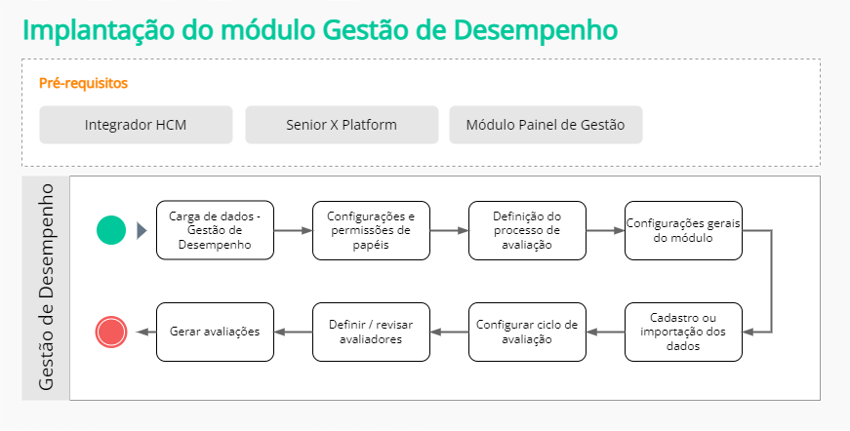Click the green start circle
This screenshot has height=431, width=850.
pyautogui.click(x=111, y=230)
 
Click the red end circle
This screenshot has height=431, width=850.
pyautogui.click(x=111, y=332)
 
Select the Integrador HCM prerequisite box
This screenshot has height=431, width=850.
pyautogui.click(x=136, y=125)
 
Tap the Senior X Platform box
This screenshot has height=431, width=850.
pyautogui.click(x=342, y=125)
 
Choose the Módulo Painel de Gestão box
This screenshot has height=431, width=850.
pyautogui.click(x=546, y=125)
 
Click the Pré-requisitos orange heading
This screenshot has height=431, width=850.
pyautogui.click(x=83, y=83)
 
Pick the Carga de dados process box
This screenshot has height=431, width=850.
pyautogui.click(x=215, y=230)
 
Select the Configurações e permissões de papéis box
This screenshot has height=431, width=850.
pyautogui.click(x=371, y=230)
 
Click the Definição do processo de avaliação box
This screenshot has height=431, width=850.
pyautogui.click(x=527, y=230)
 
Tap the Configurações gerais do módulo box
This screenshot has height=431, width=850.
pyautogui.click(x=683, y=230)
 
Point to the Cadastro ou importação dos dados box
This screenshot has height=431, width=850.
pyautogui.click(x=683, y=332)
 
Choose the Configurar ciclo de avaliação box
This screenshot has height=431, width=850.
pyautogui.click(x=527, y=332)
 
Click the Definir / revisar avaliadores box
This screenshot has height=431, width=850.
pyautogui.click(x=371, y=332)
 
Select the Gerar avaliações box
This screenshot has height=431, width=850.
pyautogui.click(x=215, y=332)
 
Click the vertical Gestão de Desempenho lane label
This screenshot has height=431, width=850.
pyautogui.click(x=46, y=287)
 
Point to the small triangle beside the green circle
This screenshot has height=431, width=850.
pyautogui.click(x=142, y=230)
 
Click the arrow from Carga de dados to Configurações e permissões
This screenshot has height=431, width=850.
pyautogui.click(x=293, y=230)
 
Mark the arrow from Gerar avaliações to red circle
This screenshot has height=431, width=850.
pyautogui.click(x=142, y=332)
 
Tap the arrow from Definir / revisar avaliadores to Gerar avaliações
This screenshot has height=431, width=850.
pyautogui.click(x=293, y=332)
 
